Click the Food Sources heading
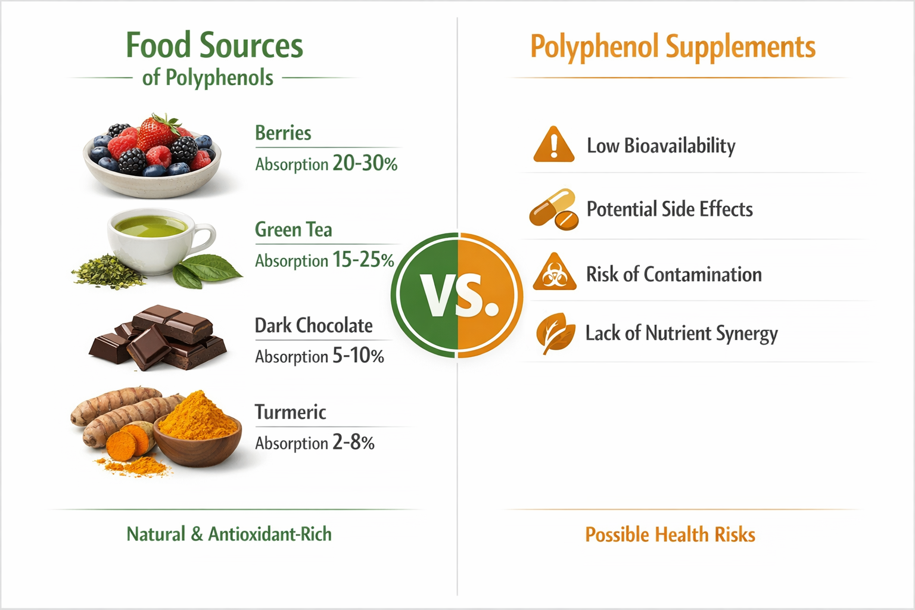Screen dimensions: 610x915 214,46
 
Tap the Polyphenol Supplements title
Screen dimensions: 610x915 673,47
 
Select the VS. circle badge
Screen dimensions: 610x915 457,295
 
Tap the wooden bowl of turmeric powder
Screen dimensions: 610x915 198,431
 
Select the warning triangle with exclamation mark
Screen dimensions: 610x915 553,145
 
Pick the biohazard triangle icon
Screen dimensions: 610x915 554,273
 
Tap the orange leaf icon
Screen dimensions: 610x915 555,333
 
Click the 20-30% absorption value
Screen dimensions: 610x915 365,163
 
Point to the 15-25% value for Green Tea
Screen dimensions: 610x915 363,260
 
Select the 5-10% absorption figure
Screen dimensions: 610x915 357,356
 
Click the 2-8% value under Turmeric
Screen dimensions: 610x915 353,442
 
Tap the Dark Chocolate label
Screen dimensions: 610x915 313,325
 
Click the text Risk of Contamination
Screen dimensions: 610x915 674,274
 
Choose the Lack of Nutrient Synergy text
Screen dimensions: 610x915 681,334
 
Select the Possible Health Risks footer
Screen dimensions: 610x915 670,534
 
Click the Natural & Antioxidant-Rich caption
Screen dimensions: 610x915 229,534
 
